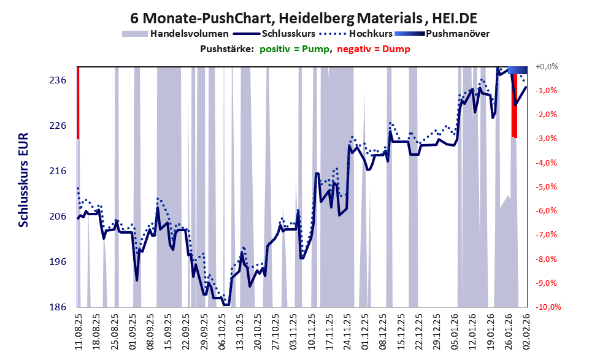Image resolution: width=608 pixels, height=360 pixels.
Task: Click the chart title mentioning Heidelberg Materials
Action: coord(304,18)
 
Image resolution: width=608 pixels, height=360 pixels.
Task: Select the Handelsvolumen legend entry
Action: coord(190,33)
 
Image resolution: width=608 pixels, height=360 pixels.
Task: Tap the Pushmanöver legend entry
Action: coord(456,33)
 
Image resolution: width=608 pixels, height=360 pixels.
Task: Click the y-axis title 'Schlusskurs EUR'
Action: coord(23,186)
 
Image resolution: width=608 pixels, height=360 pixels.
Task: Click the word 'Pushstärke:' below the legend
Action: coord(226,48)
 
